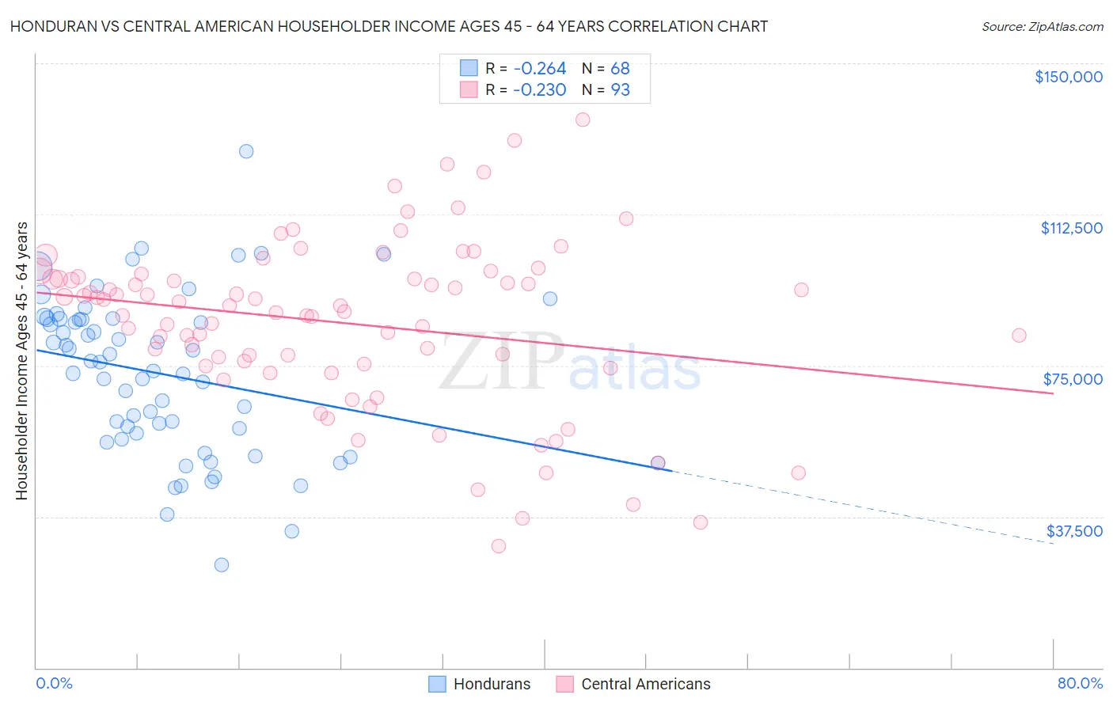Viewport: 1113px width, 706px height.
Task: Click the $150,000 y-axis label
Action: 1068,77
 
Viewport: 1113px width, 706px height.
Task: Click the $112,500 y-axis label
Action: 1071,228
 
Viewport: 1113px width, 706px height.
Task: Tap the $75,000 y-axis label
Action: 1073,379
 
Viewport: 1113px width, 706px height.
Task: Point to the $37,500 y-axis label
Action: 1074,531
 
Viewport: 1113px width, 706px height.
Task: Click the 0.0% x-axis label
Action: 54,683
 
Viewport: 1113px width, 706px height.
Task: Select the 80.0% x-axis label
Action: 1080,683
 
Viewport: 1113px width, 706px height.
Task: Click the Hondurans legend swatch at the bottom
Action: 437,684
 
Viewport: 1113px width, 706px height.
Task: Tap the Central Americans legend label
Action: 645,684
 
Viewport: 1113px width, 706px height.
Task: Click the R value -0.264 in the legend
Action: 539,69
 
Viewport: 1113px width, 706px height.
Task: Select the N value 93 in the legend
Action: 620,90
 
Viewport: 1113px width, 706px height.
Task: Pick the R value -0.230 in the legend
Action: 539,90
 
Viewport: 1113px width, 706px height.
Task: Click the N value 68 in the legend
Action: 620,69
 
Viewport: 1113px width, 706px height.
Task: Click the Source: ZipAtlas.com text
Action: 1042,27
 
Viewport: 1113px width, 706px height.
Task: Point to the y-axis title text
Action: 21,361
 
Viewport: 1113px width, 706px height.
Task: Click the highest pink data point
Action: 583,120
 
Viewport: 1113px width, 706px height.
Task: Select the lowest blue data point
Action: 222,564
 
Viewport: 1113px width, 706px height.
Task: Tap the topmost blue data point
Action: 246,151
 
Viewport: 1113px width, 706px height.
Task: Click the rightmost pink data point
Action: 1019,336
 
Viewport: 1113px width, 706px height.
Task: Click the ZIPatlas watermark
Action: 570,363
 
